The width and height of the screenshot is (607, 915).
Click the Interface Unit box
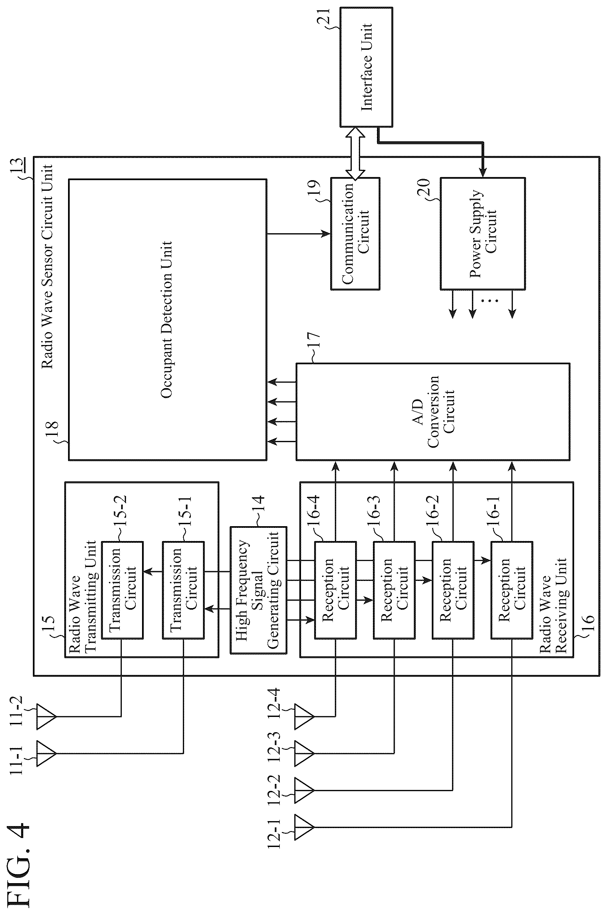(366, 67)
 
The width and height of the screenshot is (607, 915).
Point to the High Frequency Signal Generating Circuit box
(258, 590)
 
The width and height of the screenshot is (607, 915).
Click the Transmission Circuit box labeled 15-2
(122, 590)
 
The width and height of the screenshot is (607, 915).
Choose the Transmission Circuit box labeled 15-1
(183, 590)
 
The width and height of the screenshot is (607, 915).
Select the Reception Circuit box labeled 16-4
(335, 590)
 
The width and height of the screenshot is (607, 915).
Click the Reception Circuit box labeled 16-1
(512, 590)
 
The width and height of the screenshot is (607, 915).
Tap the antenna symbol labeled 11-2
(46, 717)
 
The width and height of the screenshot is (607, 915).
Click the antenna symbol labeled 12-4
(304, 717)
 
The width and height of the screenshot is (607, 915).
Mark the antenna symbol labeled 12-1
(304, 827)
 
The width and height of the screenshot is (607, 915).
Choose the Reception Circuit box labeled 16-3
(394, 590)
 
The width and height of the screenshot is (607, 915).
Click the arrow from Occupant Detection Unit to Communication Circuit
(298, 233)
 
